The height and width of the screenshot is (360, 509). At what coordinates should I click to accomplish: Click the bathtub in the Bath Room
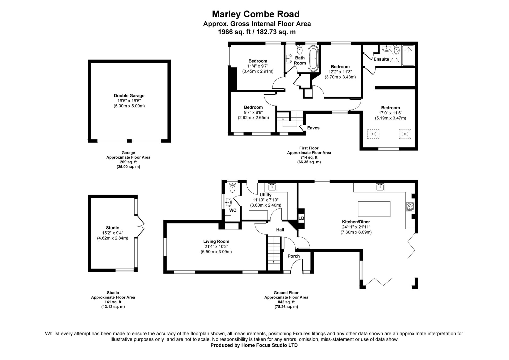click(313, 59)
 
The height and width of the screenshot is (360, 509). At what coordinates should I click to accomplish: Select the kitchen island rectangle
click(374, 209)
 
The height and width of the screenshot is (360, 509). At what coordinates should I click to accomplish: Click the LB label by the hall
click(301, 218)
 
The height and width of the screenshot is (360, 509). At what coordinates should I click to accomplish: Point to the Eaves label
click(313, 128)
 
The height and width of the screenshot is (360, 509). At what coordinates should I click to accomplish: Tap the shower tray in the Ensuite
click(409, 55)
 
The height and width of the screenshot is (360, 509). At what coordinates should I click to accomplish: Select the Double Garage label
click(129, 96)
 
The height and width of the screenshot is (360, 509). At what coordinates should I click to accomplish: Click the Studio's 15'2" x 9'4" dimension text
click(113, 233)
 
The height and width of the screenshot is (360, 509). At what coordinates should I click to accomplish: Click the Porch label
click(294, 256)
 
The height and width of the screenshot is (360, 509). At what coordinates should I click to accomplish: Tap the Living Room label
click(216, 241)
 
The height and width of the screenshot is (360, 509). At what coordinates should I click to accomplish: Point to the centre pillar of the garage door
click(129, 141)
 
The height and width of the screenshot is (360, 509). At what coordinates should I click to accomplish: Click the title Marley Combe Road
click(256, 14)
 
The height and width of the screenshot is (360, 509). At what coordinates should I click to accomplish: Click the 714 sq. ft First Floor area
click(309, 157)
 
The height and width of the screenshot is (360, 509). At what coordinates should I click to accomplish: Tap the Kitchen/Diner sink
click(380, 187)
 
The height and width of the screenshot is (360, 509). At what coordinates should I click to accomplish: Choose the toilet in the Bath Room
click(300, 49)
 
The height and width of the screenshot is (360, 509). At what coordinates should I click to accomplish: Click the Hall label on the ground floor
click(280, 230)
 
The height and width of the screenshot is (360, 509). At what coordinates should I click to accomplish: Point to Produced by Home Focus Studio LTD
click(254, 345)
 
